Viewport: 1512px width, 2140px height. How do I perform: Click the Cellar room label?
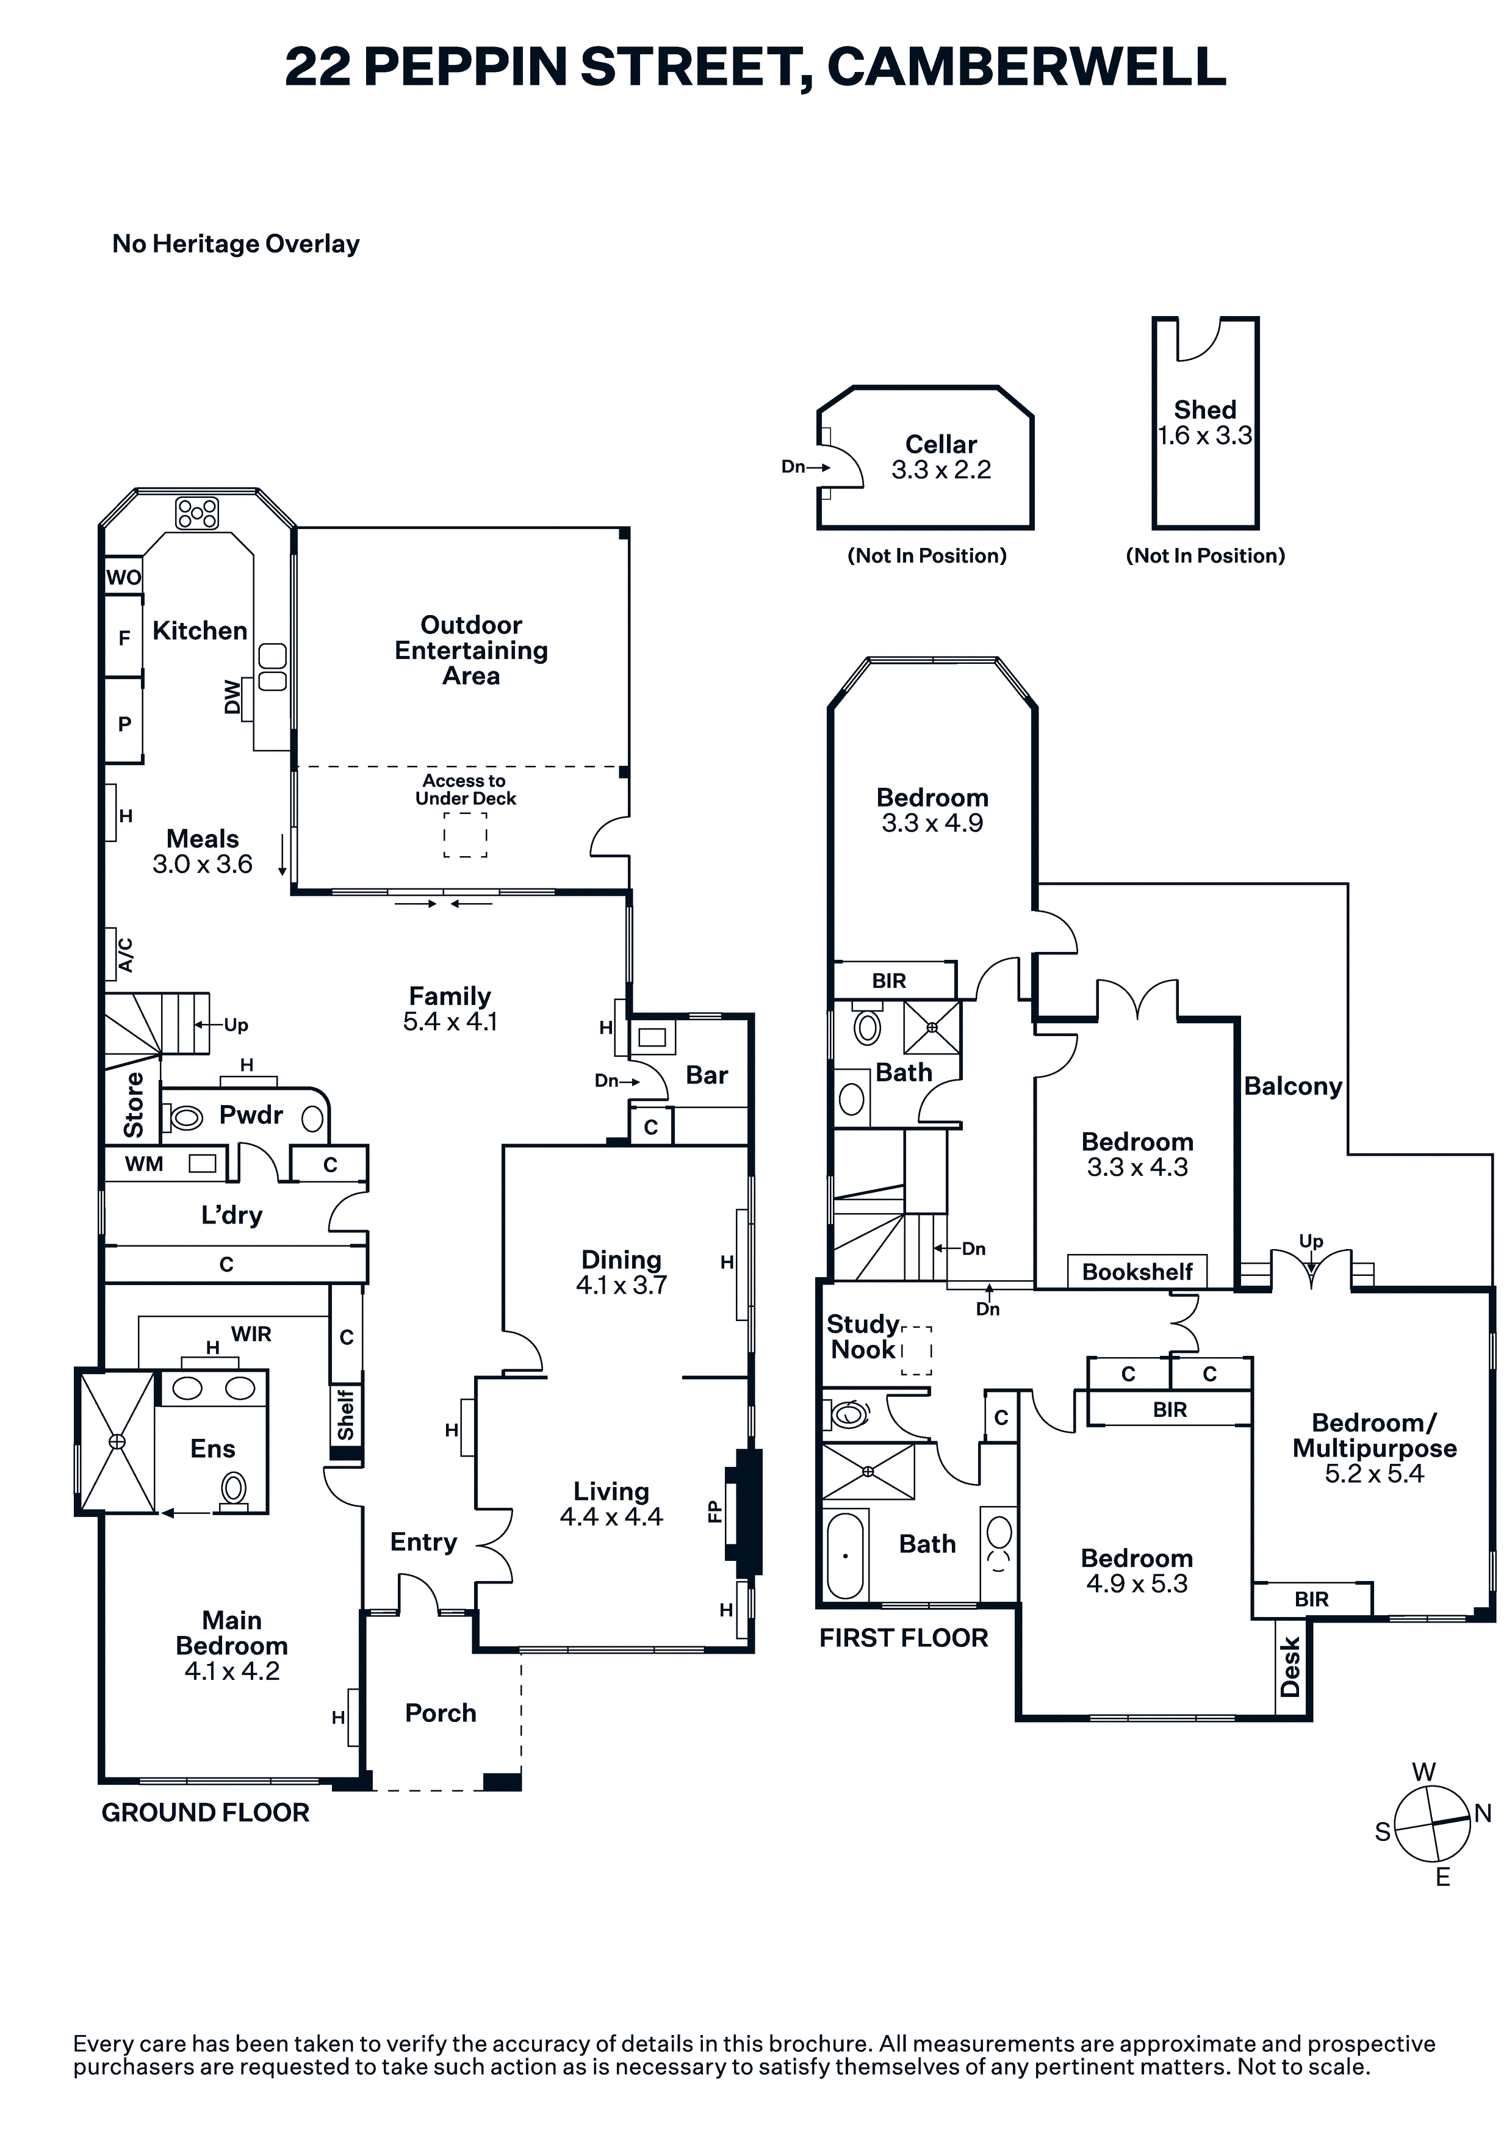[x=940, y=445]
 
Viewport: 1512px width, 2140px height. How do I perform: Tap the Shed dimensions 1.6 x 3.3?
[x=1204, y=435]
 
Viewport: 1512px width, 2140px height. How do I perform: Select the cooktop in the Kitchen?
[x=198, y=513]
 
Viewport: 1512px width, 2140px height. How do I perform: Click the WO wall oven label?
[x=123, y=577]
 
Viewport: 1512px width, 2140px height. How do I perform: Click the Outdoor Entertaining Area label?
[x=471, y=650]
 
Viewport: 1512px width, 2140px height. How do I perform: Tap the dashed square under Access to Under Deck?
[x=465, y=835]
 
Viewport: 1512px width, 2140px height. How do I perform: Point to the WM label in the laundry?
[x=145, y=1164]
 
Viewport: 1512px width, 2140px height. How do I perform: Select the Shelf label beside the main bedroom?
[x=346, y=1415]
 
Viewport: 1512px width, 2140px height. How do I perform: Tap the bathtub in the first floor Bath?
[x=846, y=1555]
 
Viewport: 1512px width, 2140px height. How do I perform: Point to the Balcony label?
[x=1293, y=1086]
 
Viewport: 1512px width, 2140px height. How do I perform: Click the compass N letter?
[x=1482, y=1813]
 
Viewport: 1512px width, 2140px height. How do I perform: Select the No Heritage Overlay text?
[x=236, y=244]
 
